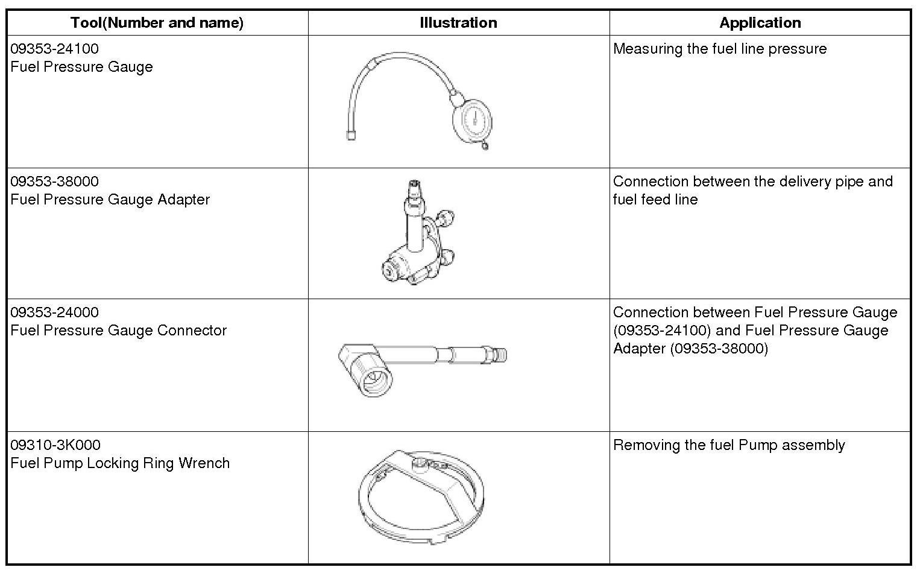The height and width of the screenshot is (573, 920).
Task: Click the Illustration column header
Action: [x=458, y=23]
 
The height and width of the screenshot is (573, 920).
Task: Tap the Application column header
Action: [x=760, y=23]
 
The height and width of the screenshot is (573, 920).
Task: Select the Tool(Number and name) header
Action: [x=157, y=23]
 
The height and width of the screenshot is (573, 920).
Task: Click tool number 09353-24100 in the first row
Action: [x=54, y=49]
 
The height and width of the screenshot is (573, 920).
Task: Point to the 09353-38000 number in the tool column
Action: [x=54, y=182]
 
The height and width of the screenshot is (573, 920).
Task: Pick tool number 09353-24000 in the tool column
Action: [x=54, y=312]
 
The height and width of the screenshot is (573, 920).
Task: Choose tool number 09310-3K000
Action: [x=55, y=445]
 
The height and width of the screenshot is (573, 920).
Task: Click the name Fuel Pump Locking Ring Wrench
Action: [x=120, y=463]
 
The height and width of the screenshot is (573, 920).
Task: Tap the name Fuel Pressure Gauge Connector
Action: [x=118, y=331]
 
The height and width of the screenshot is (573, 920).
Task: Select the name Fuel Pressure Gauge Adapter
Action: [x=110, y=200]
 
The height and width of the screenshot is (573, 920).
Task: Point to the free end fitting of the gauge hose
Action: [x=351, y=135]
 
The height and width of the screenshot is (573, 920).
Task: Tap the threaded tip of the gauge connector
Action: [x=500, y=354]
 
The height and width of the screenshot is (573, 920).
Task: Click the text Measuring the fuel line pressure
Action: [x=720, y=49]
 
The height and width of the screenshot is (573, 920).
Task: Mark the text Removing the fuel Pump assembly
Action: [x=729, y=445]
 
